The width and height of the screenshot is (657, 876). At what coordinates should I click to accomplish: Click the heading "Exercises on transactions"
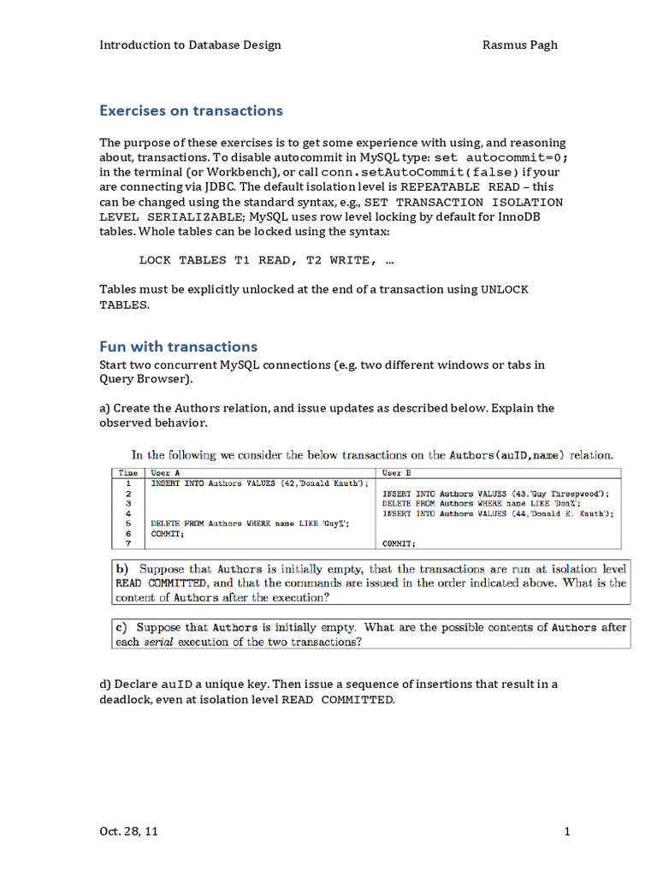pyautogui.click(x=191, y=110)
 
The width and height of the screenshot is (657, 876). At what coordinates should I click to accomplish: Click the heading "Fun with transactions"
pyautogui.click(x=178, y=346)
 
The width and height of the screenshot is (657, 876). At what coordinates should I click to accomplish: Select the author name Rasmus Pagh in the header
pyautogui.click(x=520, y=44)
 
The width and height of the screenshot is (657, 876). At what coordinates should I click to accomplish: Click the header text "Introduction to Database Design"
pyautogui.click(x=190, y=44)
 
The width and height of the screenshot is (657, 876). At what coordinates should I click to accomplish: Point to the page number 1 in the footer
pyautogui.click(x=566, y=831)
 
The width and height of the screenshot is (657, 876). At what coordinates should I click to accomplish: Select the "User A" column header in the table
pyautogui.click(x=165, y=472)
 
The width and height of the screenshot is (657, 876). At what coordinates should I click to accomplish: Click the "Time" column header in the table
pyautogui.click(x=128, y=472)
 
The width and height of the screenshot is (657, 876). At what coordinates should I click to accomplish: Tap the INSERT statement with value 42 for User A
pyautogui.click(x=260, y=483)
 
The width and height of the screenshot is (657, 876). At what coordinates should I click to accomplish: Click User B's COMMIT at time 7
pyautogui.click(x=399, y=543)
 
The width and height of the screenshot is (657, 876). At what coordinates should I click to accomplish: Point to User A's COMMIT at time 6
pyautogui.click(x=167, y=533)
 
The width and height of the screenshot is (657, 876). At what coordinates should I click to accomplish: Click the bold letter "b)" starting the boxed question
pyautogui.click(x=122, y=568)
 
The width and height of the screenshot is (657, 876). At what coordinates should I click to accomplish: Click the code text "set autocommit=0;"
pyautogui.click(x=501, y=158)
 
